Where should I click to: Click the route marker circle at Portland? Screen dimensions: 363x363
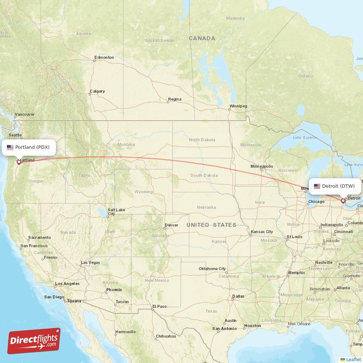19,162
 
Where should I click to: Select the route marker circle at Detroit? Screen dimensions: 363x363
343,200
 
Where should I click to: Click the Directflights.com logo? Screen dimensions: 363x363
34,342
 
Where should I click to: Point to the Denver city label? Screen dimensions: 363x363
172,225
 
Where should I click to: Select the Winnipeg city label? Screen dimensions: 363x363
238,106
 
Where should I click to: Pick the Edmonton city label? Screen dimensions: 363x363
104,58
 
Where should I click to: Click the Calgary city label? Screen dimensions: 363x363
97,91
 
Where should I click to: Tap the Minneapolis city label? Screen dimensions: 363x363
262,166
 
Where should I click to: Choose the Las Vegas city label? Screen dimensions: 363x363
90,263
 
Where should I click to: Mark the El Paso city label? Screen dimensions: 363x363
160,306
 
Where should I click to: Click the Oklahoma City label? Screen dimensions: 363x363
212,269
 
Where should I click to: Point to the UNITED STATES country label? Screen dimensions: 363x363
211,225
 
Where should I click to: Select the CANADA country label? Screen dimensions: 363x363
202,39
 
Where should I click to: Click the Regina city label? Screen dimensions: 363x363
175,99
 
